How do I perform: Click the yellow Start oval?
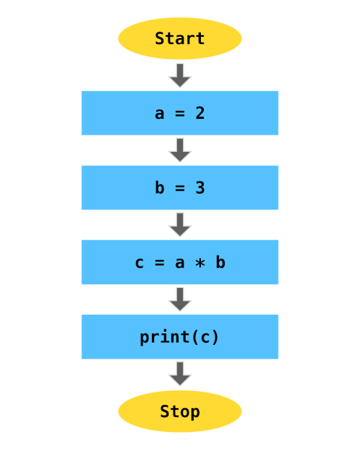180,39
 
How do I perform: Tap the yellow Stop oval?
180,411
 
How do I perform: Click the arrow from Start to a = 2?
180,75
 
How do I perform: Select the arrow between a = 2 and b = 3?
180,150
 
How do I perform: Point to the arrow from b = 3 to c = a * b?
180,224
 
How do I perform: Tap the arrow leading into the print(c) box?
180,299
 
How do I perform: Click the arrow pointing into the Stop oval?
180,373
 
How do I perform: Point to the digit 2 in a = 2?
200,113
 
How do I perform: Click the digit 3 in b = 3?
200,188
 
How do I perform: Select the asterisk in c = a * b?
200,263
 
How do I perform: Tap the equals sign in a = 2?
180,113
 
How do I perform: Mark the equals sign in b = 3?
180,188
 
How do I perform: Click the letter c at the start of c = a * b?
140,263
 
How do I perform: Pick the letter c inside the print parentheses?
205,337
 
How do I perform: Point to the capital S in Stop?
165,411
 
